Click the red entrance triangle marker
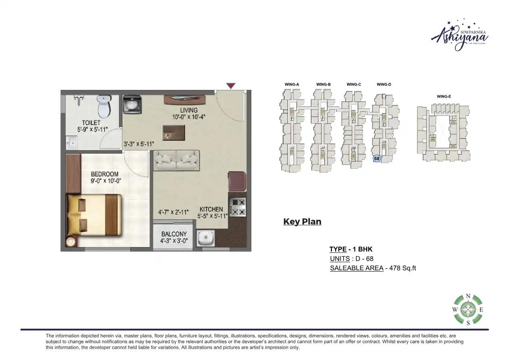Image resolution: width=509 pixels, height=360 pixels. (x=230, y=86)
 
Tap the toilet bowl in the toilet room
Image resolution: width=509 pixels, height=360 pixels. (x=104, y=106)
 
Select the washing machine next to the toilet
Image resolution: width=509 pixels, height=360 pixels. (x=131, y=104)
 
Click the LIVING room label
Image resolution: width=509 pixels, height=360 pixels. (x=189, y=110)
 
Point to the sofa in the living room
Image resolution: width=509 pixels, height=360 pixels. (x=177, y=160)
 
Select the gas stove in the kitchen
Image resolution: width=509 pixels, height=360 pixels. (x=238, y=207)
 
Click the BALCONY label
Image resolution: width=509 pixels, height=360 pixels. (x=174, y=234)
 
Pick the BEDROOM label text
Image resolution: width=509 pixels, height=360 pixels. (x=104, y=174)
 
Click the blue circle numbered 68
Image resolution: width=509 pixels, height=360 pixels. (x=377, y=159)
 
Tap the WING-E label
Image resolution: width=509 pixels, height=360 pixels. (x=444, y=96)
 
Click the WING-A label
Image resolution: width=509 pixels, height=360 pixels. (x=292, y=84)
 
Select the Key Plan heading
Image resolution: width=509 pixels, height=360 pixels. (x=302, y=222)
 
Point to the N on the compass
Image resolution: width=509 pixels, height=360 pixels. (x=468, y=296)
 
